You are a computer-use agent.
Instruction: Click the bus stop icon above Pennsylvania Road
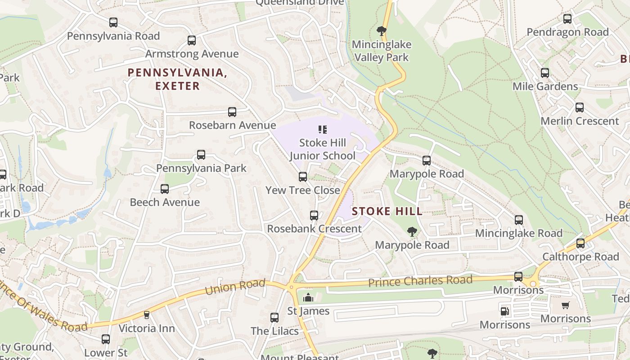pos(113,22)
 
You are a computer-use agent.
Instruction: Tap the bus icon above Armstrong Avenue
pos(192,40)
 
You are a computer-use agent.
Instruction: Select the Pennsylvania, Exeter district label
pos(177,79)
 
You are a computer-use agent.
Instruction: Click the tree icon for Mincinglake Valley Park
pos(382,31)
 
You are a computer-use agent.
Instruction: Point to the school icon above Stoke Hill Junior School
pos(322,130)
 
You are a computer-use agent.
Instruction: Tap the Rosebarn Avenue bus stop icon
pos(232,112)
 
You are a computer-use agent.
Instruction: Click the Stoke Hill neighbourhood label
pos(387,211)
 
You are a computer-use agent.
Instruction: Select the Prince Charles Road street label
pos(420,281)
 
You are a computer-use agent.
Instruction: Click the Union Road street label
pos(235,287)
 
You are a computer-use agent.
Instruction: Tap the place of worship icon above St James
pos(308,297)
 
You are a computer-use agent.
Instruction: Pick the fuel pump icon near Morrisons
pos(505,311)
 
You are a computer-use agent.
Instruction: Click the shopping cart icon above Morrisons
pos(566,305)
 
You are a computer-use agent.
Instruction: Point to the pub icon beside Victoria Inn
pos(146,315)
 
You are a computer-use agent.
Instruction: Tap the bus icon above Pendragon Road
pos(567,19)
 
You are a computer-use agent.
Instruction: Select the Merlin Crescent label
pos(580,121)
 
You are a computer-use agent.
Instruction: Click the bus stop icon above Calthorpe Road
pos(580,243)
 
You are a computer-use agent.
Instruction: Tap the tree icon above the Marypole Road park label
pos(412,232)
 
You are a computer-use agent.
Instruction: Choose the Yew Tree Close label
pos(302,190)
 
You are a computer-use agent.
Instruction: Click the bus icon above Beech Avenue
pos(165,189)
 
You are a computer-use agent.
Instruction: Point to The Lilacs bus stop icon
pos(274,318)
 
